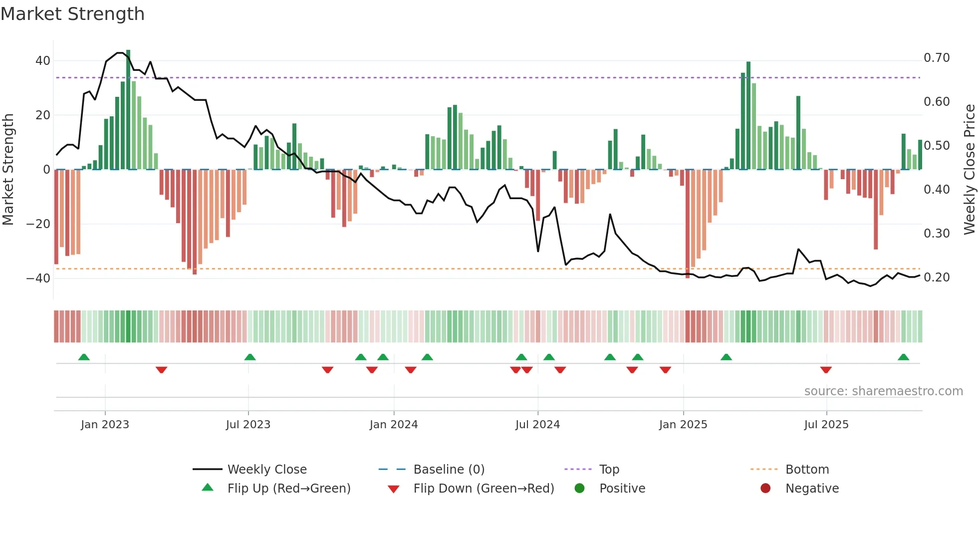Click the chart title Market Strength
tap(72, 14)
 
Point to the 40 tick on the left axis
tap(43, 61)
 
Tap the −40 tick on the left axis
tap(39, 278)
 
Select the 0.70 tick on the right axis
tap(937, 58)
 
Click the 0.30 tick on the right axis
tap(937, 234)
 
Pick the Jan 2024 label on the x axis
tap(394, 425)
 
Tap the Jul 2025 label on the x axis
tap(826, 425)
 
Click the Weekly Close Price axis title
tap(969, 170)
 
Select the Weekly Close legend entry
tap(267, 470)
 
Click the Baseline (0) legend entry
tap(449, 470)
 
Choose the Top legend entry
tap(609, 470)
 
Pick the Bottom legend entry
tap(807, 470)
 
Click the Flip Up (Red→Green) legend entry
tap(289, 489)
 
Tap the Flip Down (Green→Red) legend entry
tap(484, 489)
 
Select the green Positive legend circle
tap(579, 488)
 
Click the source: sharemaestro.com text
tap(883, 391)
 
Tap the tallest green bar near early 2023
tap(128, 110)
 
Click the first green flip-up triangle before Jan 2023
tap(84, 357)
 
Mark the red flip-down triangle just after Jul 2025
tap(826, 370)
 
